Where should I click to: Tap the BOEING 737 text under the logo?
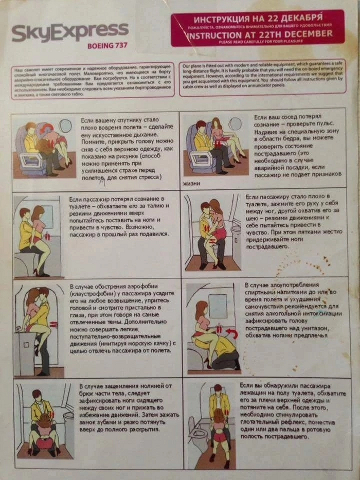click(107, 46)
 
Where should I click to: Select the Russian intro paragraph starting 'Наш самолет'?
click(95, 80)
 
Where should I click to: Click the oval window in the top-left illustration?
click(66, 126)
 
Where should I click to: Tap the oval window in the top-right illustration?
click(235, 124)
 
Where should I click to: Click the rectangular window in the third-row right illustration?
click(218, 306)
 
